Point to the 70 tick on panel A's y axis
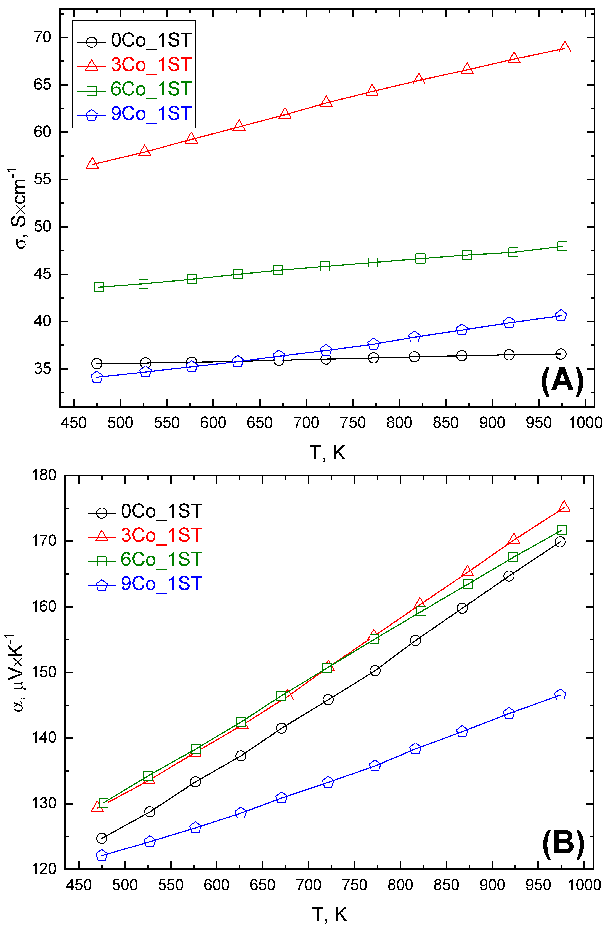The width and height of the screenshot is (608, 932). point(42,38)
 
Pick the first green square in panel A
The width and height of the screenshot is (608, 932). point(99,287)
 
